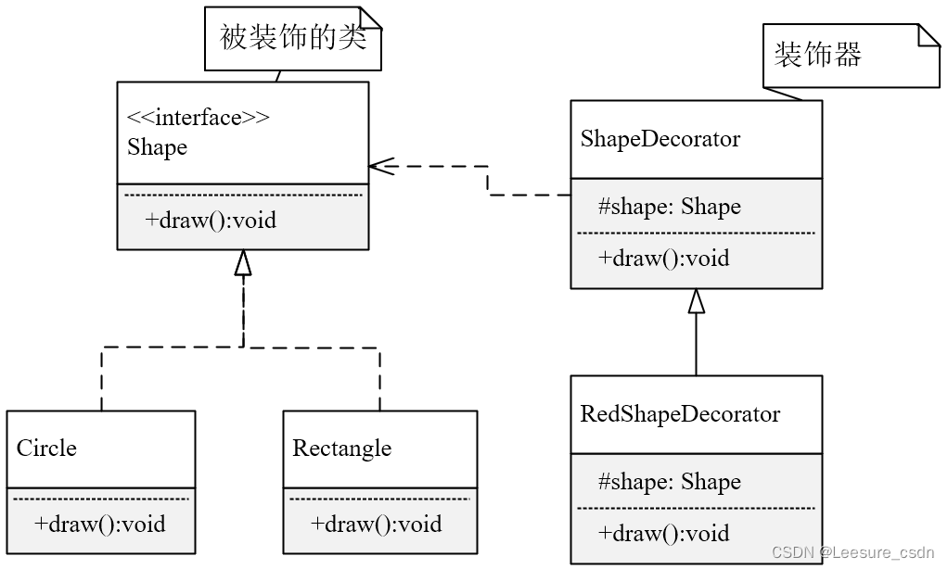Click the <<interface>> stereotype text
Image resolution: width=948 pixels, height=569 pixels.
198,118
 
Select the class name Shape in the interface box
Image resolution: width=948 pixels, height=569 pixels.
157,147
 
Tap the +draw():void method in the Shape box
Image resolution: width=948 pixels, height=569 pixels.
211,221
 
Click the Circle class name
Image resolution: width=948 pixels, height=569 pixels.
46,449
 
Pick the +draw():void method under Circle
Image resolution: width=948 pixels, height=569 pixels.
100,525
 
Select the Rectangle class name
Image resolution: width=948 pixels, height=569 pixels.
342,449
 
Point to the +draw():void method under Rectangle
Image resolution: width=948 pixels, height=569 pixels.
377,525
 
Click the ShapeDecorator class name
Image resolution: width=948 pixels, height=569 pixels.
660,139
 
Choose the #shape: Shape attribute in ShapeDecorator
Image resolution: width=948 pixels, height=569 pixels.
669,207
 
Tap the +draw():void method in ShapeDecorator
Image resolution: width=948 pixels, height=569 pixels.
663,259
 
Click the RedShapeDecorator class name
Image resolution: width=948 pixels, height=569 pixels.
680,414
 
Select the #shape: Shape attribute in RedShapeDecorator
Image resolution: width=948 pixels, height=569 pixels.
669,482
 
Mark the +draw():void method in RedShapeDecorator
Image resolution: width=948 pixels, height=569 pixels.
663,534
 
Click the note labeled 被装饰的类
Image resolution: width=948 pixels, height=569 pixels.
292,38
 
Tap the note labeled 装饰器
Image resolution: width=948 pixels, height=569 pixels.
818,55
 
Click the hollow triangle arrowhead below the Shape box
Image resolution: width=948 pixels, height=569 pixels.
243,263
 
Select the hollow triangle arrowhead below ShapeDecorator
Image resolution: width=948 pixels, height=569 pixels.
697,301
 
